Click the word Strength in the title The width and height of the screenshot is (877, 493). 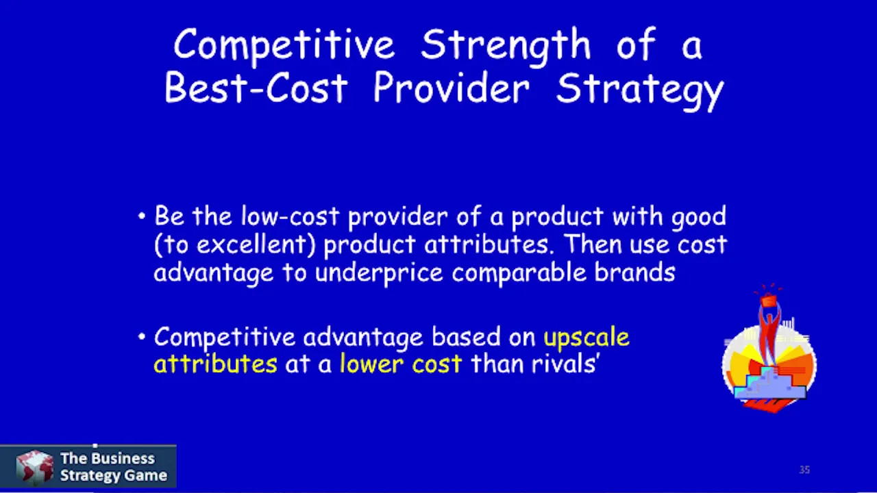pos(506,46)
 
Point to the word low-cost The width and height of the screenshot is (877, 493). pos(290,216)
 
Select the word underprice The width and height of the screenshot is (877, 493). pos(379,273)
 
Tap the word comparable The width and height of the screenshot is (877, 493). pos(519,273)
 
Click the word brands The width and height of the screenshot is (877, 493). pos(634,272)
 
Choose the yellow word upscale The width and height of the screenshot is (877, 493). pos(586,338)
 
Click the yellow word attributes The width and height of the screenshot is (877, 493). pos(215,364)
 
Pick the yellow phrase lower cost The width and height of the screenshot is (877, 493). pos(401,364)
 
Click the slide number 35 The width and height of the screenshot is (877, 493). pos(804,470)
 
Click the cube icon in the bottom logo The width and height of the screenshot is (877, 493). pos(34,467)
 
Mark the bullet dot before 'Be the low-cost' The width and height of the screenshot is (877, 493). pos(142,216)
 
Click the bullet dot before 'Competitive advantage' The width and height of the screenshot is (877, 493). pos(142,336)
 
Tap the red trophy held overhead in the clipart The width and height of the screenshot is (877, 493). pos(768,301)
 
